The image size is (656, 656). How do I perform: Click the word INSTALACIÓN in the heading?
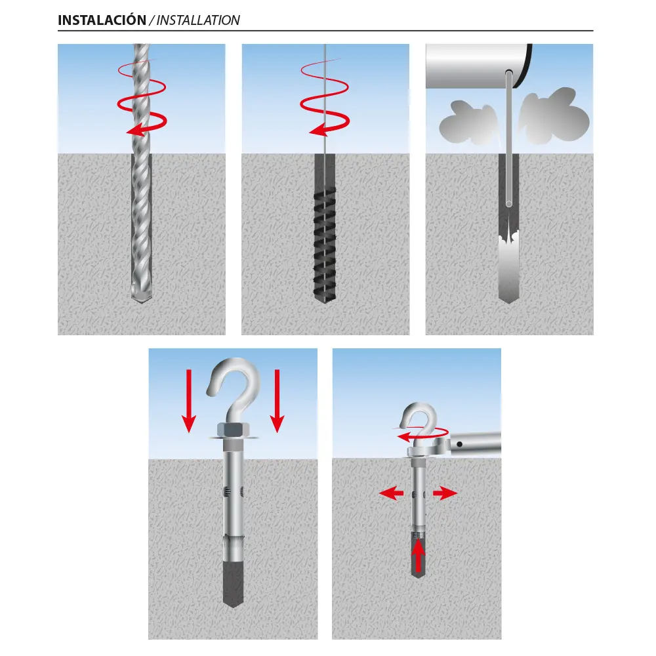click(102, 20)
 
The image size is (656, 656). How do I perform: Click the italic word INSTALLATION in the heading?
click(198, 20)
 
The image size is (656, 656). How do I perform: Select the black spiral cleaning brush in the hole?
click(325, 244)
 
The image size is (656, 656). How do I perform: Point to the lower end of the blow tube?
click(509, 204)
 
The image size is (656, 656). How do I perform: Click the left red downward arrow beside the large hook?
click(189, 401)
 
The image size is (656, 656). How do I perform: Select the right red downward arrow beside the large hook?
click(277, 401)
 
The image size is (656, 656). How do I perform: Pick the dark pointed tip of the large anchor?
click(233, 584)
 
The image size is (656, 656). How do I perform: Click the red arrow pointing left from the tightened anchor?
click(391, 493)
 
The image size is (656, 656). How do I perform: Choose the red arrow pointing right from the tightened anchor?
click(445, 493)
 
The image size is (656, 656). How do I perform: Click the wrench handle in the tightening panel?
click(476, 443)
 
